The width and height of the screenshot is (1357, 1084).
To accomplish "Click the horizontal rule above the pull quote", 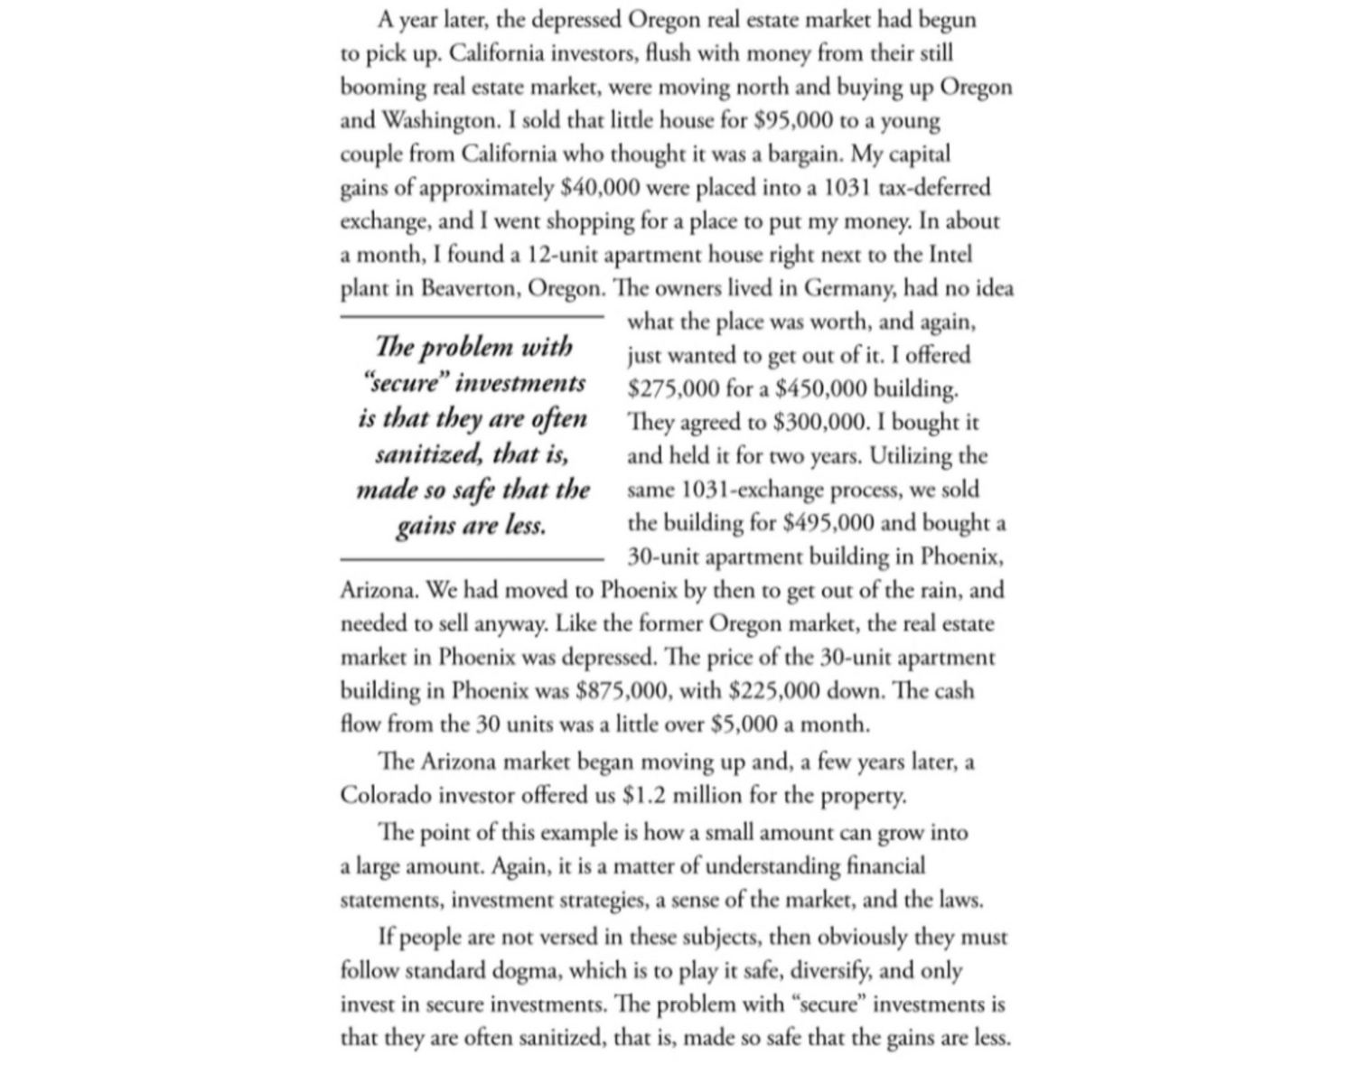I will pyautogui.click(x=472, y=317).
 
